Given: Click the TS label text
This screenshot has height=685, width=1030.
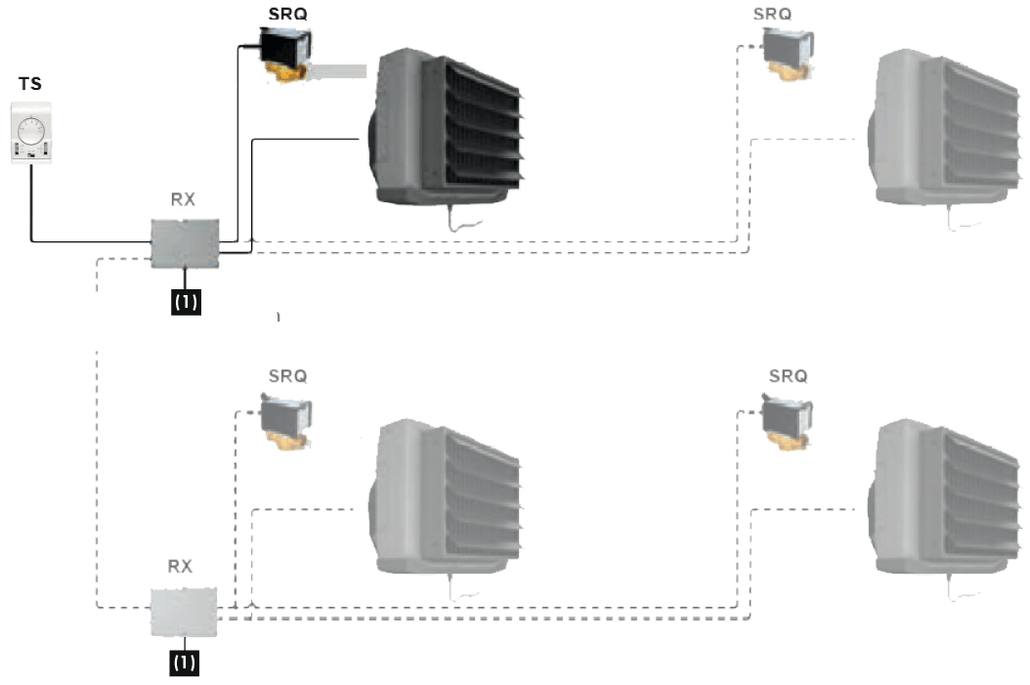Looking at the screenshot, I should click(x=30, y=85).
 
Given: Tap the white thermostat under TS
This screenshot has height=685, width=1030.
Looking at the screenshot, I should click(x=31, y=137).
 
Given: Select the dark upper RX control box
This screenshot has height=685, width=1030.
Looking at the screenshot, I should click(x=185, y=240).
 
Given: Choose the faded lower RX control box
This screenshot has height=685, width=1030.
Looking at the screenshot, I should click(x=184, y=612).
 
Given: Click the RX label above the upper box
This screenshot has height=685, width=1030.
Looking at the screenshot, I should click(x=183, y=200).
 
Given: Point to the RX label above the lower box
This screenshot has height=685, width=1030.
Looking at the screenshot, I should click(x=181, y=566).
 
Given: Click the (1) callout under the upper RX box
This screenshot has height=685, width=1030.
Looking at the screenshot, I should click(x=186, y=302).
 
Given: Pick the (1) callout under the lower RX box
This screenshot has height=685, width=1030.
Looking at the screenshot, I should click(x=185, y=662).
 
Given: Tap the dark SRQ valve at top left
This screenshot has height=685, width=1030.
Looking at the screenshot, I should click(x=286, y=52).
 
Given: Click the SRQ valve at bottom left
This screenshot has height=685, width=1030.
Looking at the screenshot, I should click(x=285, y=417).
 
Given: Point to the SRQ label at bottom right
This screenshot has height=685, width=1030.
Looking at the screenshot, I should click(x=788, y=375).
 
